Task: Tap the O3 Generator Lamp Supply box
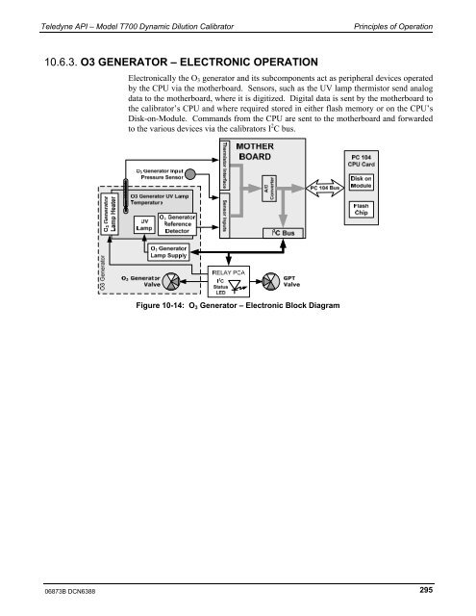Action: (172, 252)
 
